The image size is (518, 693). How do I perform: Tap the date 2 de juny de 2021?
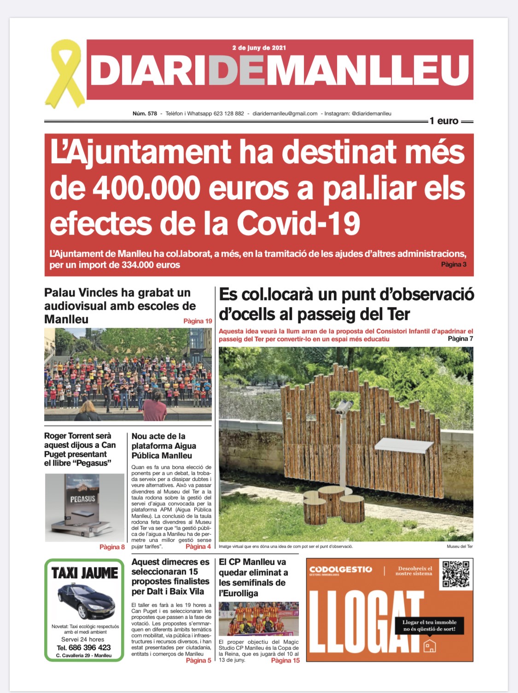point(259,47)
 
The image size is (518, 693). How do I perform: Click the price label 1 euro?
point(444,121)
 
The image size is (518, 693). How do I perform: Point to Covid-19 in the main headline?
point(298,224)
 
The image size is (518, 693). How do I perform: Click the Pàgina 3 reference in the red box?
point(454,264)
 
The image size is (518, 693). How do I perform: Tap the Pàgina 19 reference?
point(198,321)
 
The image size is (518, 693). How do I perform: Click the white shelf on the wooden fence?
point(404,445)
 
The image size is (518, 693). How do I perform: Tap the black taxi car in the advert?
point(86,599)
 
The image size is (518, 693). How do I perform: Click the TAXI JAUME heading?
point(85,573)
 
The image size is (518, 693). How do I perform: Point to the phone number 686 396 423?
point(89,647)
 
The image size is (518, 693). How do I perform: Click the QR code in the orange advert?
point(455,574)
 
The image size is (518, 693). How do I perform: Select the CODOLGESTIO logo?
point(340,570)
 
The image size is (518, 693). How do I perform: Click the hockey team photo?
point(258,618)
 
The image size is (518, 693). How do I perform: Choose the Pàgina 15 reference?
point(285,660)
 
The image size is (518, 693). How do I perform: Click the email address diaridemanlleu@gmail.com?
point(285,113)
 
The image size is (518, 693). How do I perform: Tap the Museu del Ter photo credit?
point(459,546)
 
